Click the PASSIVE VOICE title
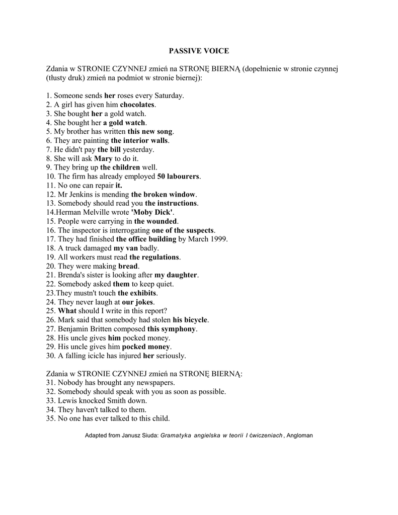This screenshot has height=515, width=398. pyautogui.click(x=199, y=51)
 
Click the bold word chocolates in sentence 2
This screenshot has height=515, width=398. pyautogui.click(x=137, y=105)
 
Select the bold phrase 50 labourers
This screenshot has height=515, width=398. pyautogui.click(x=179, y=177)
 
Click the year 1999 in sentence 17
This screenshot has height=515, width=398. pyautogui.click(x=218, y=239)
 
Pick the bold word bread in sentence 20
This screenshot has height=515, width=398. pyautogui.click(x=128, y=266)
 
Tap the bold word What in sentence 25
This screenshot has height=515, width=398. pyautogui.click(x=67, y=311)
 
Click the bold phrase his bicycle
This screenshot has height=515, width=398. pyautogui.click(x=190, y=320)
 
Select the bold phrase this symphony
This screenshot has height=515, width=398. pyautogui.click(x=171, y=329)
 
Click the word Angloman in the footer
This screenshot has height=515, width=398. pyautogui.click(x=299, y=436)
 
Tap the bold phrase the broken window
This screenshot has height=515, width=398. pyautogui.click(x=163, y=194)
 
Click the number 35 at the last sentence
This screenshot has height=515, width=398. pyautogui.click(x=49, y=418)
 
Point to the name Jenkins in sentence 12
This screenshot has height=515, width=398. pyautogui.click(x=83, y=194)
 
